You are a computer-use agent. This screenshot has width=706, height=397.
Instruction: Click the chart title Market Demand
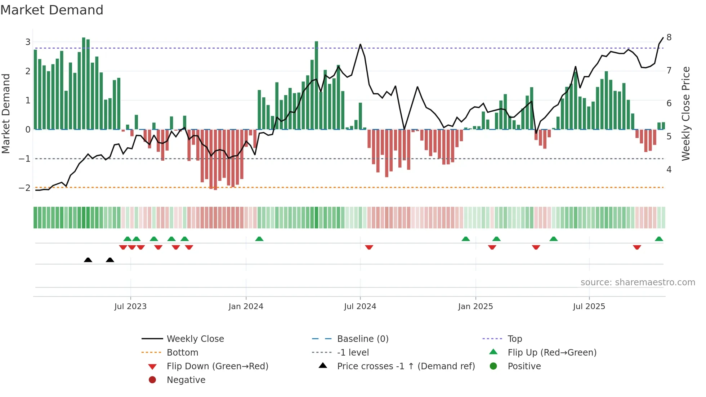[52, 10]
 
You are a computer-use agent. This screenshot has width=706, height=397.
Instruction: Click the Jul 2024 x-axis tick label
[360, 307]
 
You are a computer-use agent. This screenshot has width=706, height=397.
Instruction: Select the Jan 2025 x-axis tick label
[475, 307]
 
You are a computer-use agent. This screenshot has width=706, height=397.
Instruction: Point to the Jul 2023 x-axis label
[130, 307]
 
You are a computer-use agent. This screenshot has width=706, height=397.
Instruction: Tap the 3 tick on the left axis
[28, 42]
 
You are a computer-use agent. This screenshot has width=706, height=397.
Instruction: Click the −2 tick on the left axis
[25, 188]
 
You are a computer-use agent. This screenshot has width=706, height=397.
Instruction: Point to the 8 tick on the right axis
[669, 37]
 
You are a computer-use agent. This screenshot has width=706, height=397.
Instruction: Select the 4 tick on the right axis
[669, 169]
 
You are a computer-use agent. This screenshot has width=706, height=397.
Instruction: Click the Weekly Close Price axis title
[686, 113]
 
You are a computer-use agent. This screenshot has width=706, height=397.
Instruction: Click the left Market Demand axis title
[6, 113]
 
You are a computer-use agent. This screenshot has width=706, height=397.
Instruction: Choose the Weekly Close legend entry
[195, 339]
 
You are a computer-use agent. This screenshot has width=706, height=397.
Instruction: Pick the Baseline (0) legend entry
[362, 339]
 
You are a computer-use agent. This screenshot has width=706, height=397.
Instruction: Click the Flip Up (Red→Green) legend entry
[551, 352]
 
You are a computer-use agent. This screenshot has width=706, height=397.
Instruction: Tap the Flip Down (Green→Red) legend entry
[217, 366]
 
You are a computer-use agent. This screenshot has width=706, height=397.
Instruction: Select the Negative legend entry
[186, 380]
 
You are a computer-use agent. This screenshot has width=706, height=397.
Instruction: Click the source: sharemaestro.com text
[638, 282]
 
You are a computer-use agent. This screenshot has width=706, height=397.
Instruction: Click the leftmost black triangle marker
[88, 260]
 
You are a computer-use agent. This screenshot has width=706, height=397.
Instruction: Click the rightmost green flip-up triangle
[659, 239]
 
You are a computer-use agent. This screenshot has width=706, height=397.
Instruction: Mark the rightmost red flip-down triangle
[637, 247]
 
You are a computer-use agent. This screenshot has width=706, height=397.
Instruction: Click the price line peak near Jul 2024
[360, 45]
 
